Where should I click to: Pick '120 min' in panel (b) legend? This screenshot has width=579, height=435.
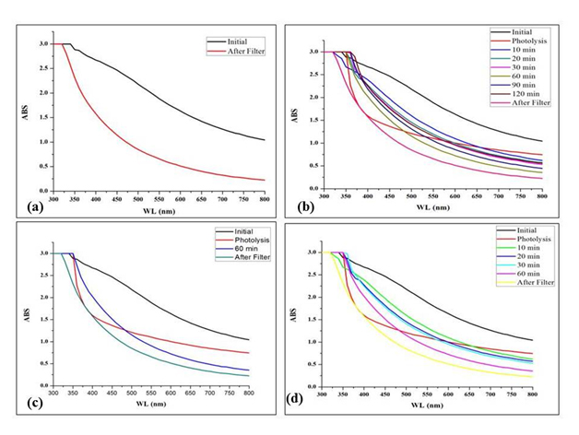click(x=526, y=93)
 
